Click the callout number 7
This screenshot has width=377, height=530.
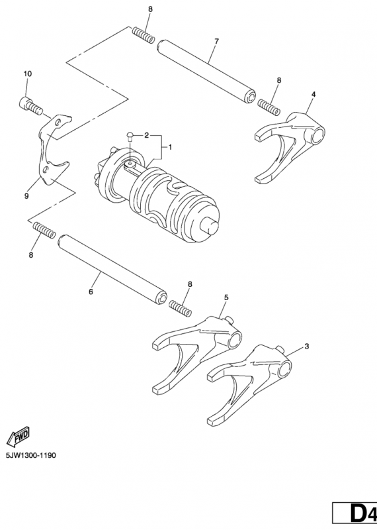point(216,42)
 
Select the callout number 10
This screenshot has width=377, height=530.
point(28,74)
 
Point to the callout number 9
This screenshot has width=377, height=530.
point(26,196)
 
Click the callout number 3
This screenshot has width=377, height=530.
point(306,346)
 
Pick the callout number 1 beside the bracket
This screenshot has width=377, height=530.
point(170,146)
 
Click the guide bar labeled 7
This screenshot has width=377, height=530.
point(205,70)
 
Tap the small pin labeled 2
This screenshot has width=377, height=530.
point(131,137)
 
